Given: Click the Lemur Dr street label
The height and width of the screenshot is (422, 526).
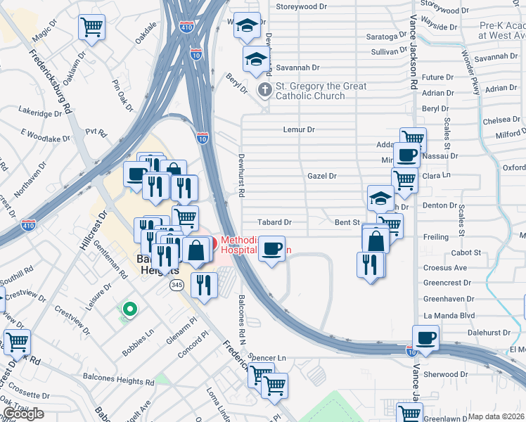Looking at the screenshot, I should pyautogui.click(x=298, y=129).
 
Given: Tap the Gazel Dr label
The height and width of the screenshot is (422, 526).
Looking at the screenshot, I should pyautogui.click(x=322, y=176).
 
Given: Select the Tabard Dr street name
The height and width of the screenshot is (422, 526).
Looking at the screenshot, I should pyautogui.click(x=274, y=222).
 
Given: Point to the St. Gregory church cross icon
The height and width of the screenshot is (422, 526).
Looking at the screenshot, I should pyautogui.click(x=265, y=89).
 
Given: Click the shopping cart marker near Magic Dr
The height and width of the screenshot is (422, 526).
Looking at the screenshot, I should pyautogui.click(x=92, y=28).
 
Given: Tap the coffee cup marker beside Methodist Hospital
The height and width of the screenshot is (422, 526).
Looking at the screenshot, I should pyautogui.click(x=271, y=249).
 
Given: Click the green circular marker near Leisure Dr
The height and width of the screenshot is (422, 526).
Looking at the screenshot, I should pyautogui.click(x=129, y=308).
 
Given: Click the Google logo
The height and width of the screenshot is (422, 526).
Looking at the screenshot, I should pyautogui.click(x=23, y=414).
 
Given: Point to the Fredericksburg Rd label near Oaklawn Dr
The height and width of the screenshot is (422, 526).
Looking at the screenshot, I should pyautogui.click(x=50, y=81).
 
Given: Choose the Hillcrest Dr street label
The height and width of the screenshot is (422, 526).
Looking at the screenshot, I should pyautogui.click(x=93, y=231).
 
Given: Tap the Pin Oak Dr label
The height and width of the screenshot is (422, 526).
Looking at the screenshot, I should pyautogui.click(x=122, y=95).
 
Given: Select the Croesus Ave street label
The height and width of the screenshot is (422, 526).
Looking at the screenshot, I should pyautogui.click(x=445, y=268).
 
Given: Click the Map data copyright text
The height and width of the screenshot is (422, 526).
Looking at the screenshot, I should pyautogui.click(x=496, y=416).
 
